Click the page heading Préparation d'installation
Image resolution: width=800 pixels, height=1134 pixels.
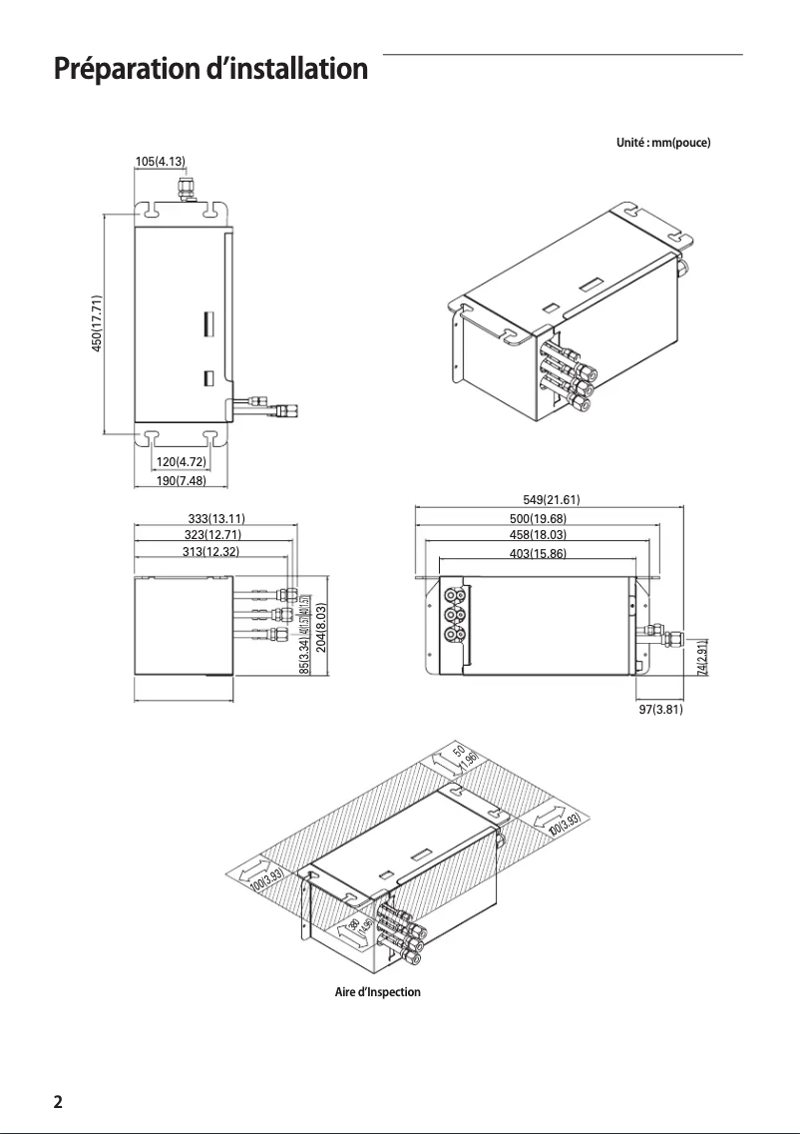210,70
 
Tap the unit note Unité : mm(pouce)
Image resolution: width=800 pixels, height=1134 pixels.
663,143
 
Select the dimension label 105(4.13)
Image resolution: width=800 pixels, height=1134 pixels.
160,161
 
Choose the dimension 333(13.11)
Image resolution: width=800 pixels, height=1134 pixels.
216,518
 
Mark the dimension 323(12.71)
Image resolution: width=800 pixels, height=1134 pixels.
211,535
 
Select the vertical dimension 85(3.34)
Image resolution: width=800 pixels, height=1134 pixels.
304,662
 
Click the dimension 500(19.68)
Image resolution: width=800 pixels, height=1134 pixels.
531,518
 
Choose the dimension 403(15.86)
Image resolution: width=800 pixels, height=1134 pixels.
531,552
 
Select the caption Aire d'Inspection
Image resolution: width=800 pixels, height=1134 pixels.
377,992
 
